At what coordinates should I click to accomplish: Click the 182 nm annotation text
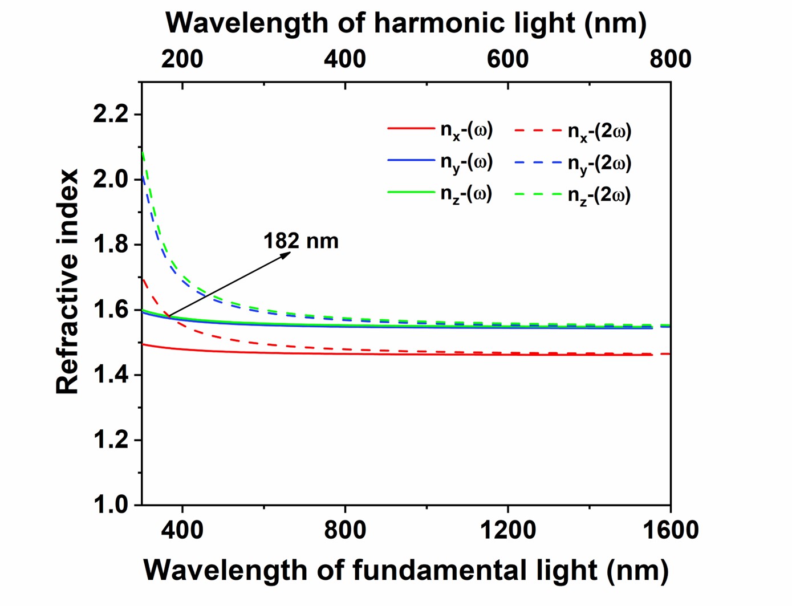point(300,241)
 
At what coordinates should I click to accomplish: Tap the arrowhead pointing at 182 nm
point(287,254)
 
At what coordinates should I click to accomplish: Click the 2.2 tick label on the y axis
point(111,115)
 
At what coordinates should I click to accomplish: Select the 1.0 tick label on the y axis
point(111,505)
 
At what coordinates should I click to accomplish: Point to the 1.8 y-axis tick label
point(111,245)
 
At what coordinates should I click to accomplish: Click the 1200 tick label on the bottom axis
point(507,531)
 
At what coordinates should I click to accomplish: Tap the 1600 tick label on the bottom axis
point(670,531)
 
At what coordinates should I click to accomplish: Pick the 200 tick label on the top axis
point(182,59)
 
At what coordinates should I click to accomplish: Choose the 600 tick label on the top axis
point(507,59)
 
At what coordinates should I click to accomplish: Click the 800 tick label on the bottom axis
point(345,531)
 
